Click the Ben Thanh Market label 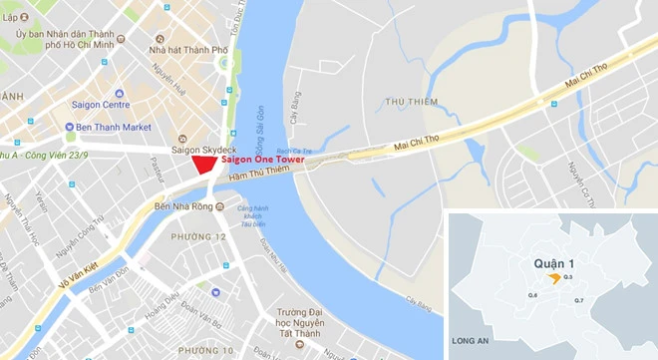click(117, 127)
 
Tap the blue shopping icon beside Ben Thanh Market click(68, 127)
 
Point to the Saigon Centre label click(102, 105)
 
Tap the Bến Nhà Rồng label click(183, 206)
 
